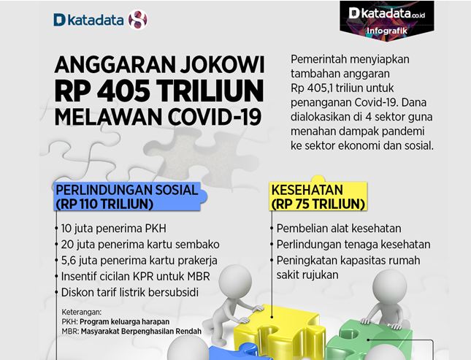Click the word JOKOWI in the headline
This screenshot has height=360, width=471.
tap(222, 64)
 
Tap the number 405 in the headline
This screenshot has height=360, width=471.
tap(123, 91)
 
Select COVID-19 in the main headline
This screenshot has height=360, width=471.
tap(215, 116)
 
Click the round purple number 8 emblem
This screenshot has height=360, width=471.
tap(138, 20)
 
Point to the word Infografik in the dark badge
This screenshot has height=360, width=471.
tap(387, 31)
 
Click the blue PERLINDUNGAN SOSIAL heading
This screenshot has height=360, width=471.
tap(127, 190)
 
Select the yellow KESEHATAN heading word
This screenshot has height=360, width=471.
tap(307, 190)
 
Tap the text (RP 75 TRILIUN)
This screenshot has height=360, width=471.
tap(318, 204)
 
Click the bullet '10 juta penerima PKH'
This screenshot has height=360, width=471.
tap(113, 229)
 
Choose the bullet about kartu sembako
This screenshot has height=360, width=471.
tap(140, 245)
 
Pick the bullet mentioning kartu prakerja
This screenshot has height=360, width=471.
tap(139, 260)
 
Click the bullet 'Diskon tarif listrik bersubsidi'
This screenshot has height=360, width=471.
tap(130, 292)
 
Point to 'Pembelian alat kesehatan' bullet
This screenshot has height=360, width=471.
tap(339, 229)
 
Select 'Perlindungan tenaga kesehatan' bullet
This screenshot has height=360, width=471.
tap(353, 245)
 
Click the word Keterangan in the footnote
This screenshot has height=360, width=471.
tap(82, 312)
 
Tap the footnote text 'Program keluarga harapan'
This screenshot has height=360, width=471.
tap(125, 321)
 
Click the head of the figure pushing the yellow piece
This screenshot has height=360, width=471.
tap(235, 281)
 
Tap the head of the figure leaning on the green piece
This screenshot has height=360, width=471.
tap(390, 286)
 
